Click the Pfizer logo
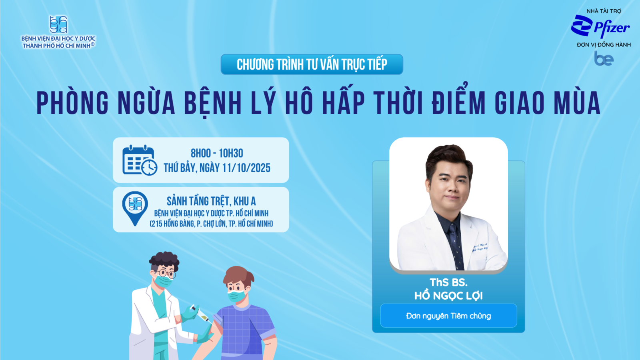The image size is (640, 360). pos(600,26)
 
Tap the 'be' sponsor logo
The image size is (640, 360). pos(604,58)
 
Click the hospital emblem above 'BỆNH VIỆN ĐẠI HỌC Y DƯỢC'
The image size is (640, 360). pos(58,24)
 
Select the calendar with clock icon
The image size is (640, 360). pos(140,160)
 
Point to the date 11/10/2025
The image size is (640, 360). pos(246,168)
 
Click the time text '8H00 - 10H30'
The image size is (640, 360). pos(217,154)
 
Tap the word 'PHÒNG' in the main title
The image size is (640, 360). pos(73,103)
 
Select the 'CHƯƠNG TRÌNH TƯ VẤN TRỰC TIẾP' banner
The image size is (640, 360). pos(312,64)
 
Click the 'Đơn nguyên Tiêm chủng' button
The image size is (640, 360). pos(448,316)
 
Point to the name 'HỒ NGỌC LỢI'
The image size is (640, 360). pos(448,296)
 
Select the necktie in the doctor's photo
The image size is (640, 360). pos(456,246)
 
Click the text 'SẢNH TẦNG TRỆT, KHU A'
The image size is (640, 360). pos(211,202)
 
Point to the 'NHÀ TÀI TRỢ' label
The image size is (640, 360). pos(604,11)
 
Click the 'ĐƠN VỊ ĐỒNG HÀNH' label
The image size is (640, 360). pos(604,44)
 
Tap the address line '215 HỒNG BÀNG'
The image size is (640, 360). pos(172,224)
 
